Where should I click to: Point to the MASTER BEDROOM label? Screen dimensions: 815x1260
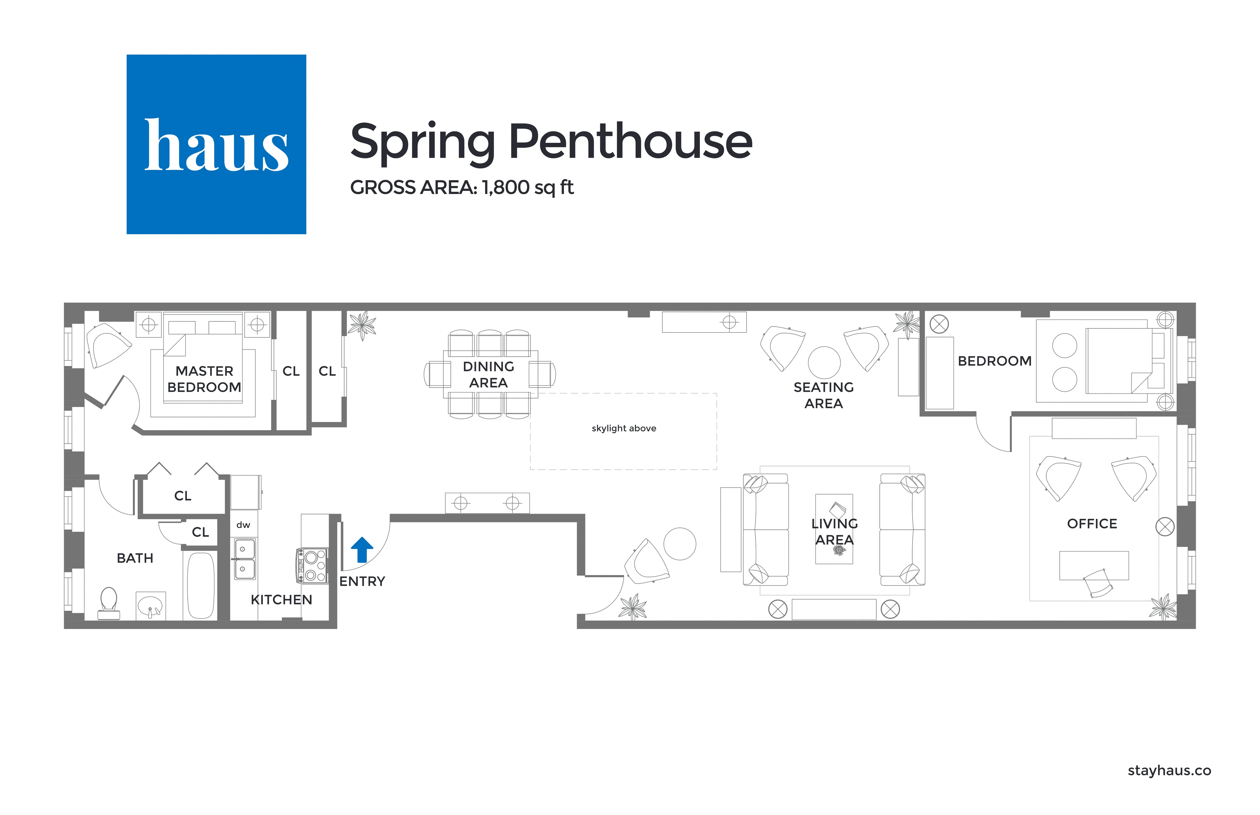[204, 379]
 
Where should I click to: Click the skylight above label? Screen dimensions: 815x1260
[623, 428]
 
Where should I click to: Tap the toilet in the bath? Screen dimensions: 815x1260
[109, 602]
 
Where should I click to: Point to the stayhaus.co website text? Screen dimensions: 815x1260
[1169, 770]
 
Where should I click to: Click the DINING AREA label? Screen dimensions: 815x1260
[488, 374]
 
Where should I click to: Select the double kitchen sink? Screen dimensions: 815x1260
[244, 559]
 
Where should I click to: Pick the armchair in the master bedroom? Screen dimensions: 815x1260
[108, 345]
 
